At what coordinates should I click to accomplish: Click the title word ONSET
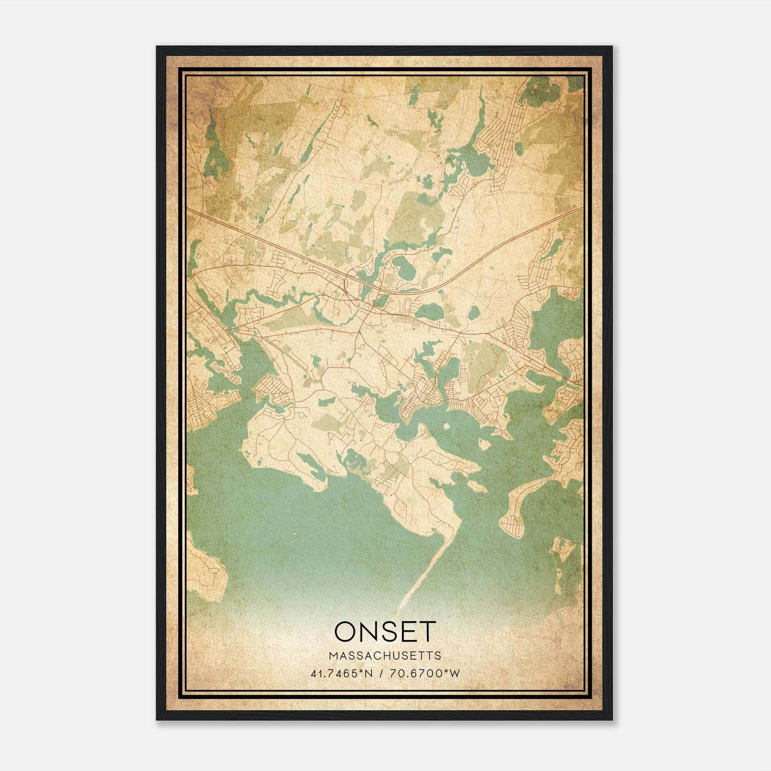coord(385,632)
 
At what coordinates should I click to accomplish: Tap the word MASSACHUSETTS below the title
coord(385,656)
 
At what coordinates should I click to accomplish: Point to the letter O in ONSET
coord(346,632)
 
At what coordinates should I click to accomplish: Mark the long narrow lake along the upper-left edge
coord(210,145)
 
